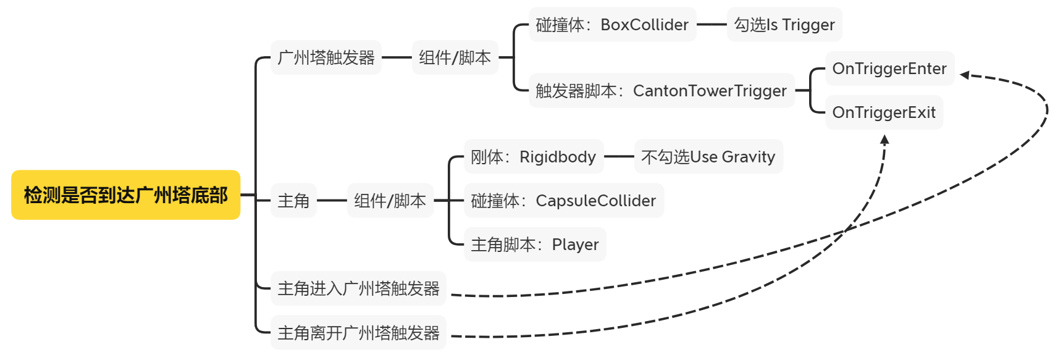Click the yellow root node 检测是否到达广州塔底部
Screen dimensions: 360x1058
pyautogui.click(x=125, y=195)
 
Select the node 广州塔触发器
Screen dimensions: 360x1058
pyautogui.click(x=326, y=57)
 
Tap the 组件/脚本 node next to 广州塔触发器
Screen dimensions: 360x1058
pyautogui.click(x=455, y=57)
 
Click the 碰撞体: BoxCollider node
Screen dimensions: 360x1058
pyautogui.click(x=612, y=25)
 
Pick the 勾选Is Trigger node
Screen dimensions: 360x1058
pyautogui.click(x=784, y=25)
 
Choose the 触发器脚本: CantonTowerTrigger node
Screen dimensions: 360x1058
pyautogui.click(x=661, y=91)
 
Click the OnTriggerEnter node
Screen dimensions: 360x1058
pyautogui.click(x=889, y=69)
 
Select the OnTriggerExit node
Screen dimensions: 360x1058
pyautogui.click(x=884, y=112)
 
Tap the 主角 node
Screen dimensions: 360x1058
pyautogui.click(x=293, y=201)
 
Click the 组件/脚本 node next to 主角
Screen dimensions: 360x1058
pyautogui.click(x=390, y=201)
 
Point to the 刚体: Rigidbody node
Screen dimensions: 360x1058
pyautogui.click(x=533, y=157)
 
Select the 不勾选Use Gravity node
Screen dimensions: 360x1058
pyautogui.click(x=708, y=157)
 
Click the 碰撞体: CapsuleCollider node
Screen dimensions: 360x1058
pyautogui.click(x=563, y=201)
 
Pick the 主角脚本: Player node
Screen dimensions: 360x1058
pyautogui.click(x=535, y=245)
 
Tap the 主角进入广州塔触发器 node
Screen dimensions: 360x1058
pyautogui.click(x=358, y=288)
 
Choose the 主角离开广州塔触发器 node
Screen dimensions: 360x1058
pyautogui.click(x=358, y=333)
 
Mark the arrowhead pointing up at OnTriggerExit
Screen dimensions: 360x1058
pyautogui.click(x=884, y=140)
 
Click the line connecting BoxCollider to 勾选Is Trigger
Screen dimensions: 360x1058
pyautogui.click(x=712, y=25)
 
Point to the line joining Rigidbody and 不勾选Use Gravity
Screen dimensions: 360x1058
pyautogui.click(x=619, y=157)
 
